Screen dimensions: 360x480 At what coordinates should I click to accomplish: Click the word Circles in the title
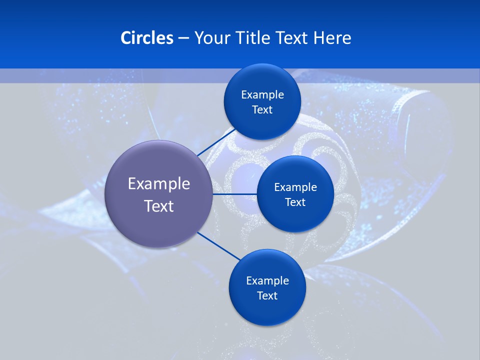[x=146, y=38]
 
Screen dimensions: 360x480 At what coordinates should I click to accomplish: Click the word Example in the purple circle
[x=159, y=184]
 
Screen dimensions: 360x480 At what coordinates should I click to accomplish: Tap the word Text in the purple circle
[x=159, y=206]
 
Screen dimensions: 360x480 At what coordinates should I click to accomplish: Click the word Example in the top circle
[x=262, y=95]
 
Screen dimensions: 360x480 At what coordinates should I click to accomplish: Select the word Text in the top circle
[x=262, y=110]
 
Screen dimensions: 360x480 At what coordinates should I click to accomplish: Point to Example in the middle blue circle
[x=295, y=187]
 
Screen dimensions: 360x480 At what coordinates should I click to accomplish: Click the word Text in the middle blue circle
[x=295, y=202]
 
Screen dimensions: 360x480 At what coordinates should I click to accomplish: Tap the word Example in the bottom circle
[x=267, y=281]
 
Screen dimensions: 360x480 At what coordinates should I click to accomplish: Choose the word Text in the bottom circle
[x=267, y=296]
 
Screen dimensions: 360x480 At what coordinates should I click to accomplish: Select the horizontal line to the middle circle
[x=234, y=194]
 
